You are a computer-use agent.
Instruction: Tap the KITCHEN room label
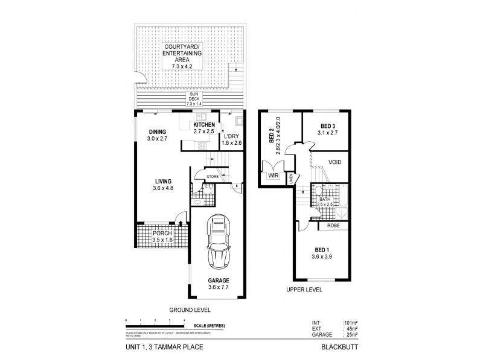click(x=203, y=124)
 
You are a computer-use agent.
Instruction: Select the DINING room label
click(x=158, y=132)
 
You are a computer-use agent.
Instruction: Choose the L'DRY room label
click(x=232, y=136)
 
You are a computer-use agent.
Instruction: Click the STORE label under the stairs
click(x=212, y=177)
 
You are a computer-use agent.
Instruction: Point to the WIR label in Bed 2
click(x=274, y=177)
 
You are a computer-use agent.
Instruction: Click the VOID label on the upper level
click(x=335, y=162)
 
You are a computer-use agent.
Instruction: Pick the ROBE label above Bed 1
click(x=333, y=226)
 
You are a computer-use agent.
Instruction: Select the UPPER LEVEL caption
click(x=304, y=290)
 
